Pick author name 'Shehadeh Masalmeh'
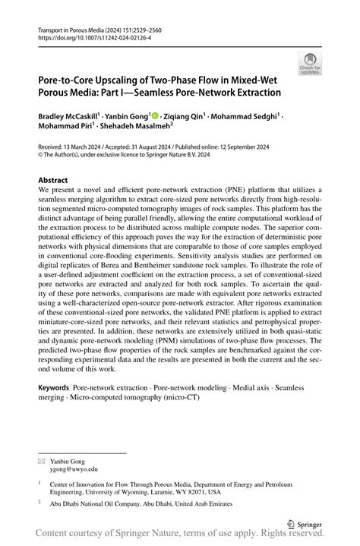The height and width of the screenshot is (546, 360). pos(137,128)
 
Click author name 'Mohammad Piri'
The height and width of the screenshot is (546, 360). pos(65,128)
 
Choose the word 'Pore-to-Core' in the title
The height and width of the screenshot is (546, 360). pos(70,79)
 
